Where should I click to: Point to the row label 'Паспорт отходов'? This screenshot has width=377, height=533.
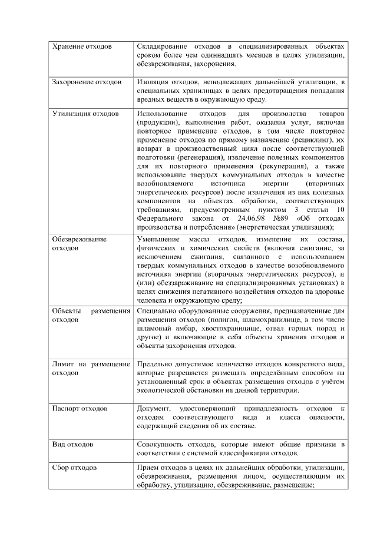(80, 408)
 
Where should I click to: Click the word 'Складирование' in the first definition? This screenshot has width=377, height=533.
(162, 46)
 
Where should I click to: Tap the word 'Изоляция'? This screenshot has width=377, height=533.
(152, 81)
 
